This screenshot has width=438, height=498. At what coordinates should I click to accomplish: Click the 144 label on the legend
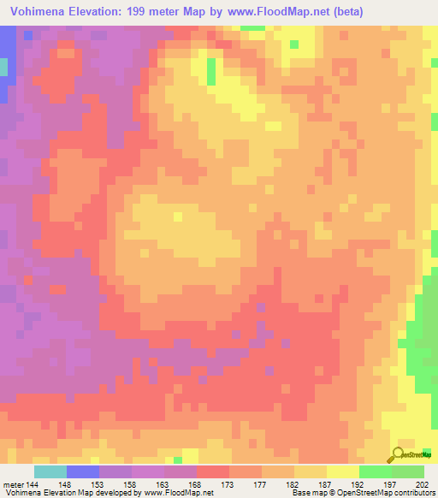pyautogui.click(x=33, y=484)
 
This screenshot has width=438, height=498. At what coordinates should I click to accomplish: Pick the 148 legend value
pyautogui.click(x=66, y=484)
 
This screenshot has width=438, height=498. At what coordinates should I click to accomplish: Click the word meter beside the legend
pyautogui.click(x=13, y=484)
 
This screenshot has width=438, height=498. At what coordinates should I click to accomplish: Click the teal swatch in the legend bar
pyautogui.click(x=50, y=471)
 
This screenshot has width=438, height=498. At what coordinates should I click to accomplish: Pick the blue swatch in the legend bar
pyautogui.click(x=82, y=471)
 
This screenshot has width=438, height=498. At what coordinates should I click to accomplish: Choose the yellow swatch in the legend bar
pyautogui.click(x=342, y=471)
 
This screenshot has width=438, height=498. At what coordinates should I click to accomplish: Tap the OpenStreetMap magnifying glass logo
pyautogui.click(x=399, y=454)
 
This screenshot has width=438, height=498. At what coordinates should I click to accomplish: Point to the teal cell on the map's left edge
pyautogui.click(x=3, y=68)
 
